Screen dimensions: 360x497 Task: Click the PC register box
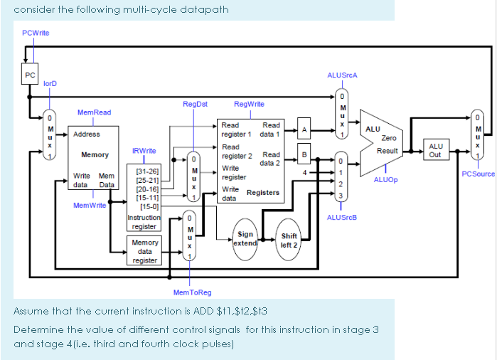pos(29,75)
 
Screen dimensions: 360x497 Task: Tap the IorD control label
pos(50,84)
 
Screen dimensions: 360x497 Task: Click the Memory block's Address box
pos(87,134)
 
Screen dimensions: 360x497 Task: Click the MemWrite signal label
pos(90,205)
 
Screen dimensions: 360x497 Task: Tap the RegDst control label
pos(195,104)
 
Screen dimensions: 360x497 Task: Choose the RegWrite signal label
pos(249,104)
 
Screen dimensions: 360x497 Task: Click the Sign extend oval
pos(245,238)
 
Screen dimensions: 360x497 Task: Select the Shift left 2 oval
pos(289,240)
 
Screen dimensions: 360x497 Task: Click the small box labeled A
pos(304,129)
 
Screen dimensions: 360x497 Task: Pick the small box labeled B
pos(304,154)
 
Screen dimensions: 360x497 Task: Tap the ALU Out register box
pos(435,150)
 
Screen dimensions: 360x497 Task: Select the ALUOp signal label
pos(385,180)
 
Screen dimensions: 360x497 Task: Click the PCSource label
pos(478,174)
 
